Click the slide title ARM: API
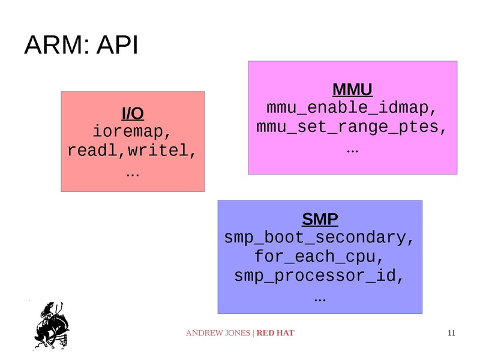pyautogui.click(x=81, y=46)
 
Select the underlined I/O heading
pyautogui.click(x=133, y=113)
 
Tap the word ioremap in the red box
pyautogui.click(x=129, y=131)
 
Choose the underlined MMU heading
pyautogui.click(x=352, y=90)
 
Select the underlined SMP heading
pyautogui.click(x=320, y=218)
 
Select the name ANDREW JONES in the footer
pyautogui.click(x=218, y=333)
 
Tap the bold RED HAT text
pyautogui.click(x=275, y=333)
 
